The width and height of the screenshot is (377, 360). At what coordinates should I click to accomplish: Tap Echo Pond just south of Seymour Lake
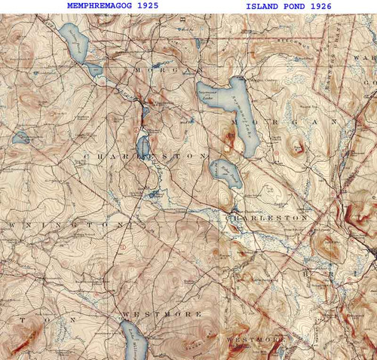(x=226, y=174)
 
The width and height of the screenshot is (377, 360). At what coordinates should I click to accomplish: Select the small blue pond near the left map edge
(x=20, y=138)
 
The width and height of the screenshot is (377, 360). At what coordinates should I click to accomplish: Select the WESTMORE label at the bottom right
(x=257, y=340)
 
